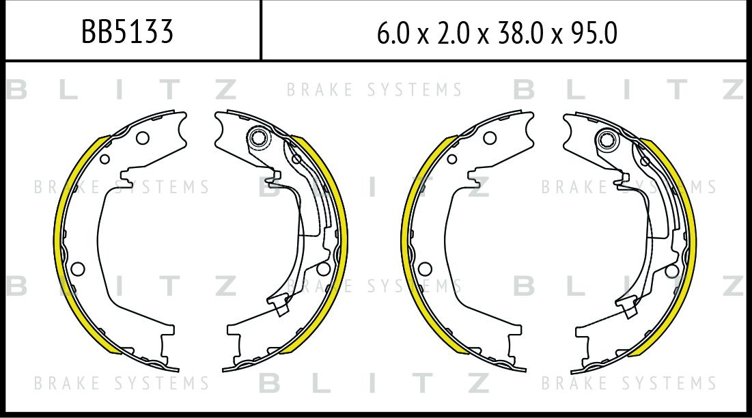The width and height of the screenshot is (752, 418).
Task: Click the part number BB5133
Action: (127, 31)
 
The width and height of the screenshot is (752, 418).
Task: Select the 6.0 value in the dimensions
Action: (393, 33)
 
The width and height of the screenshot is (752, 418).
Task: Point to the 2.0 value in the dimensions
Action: (454, 33)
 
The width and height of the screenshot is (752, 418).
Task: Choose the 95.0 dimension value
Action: (594, 33)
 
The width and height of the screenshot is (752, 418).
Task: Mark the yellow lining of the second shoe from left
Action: (342, 240)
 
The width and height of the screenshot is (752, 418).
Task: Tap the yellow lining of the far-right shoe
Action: (691, 240)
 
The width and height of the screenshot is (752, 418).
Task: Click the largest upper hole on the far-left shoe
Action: (143, 138)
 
